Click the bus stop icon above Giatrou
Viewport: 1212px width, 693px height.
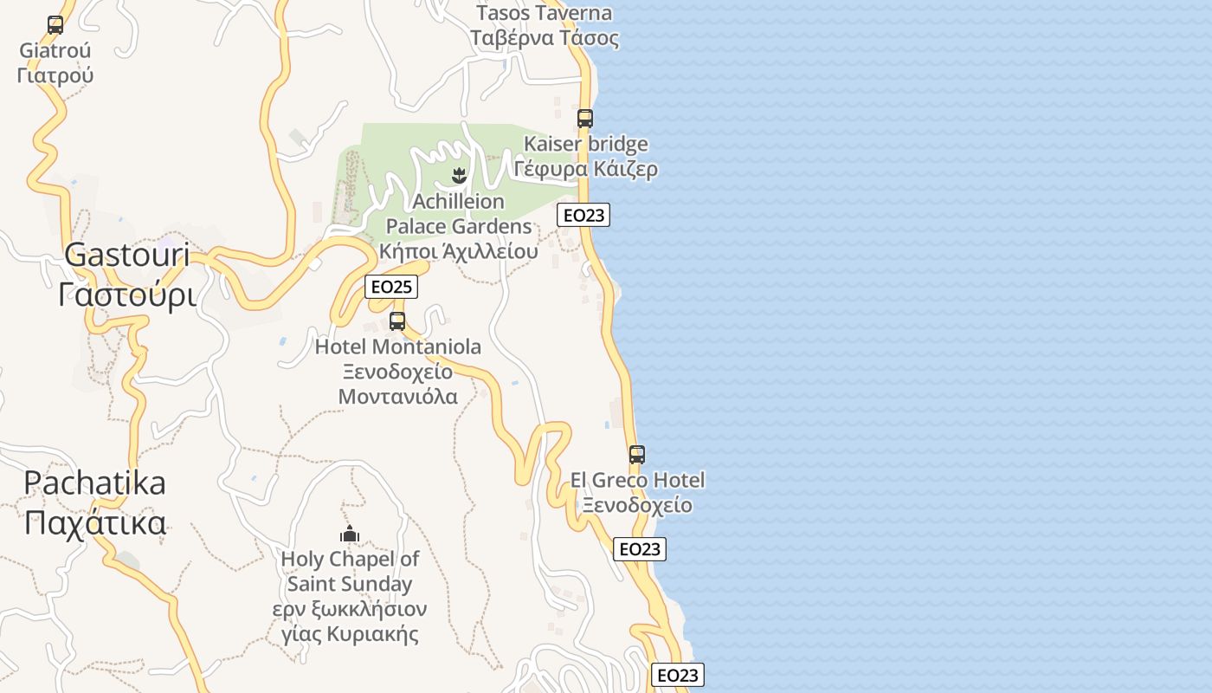pyautogui.click(x=55, y=25)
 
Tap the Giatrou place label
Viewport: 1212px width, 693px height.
pyautogui.click(x=55, y=50)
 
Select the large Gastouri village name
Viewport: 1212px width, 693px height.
pyautogui.click(x=126, y=255)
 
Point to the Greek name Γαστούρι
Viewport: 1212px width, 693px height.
pyautogui.click(x=126, y=295)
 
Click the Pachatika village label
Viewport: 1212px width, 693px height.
pyautogui.click(x=94, y=483)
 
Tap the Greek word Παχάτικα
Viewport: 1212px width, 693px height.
pyautogui.click(x=94, y=522)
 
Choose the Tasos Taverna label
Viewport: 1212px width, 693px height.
pyautogui.click(x=544, y=13)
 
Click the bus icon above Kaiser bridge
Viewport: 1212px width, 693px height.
pyautogui.click(x=585, y=118)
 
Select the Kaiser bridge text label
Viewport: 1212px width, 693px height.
pyautogui.click(x=585, y=144)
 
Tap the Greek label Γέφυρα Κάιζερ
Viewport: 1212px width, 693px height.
pyautogui.click(x=585, y=168)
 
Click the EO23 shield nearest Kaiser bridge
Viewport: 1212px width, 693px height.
pyautogui.click(x=583, y=215)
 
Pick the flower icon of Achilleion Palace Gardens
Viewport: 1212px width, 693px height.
pyautogui.click(x=459, y=177)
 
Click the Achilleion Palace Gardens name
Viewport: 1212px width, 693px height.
pyautogui.click(x=458, y=214)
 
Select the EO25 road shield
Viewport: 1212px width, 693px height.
pyautogui.click(x=391, y=287)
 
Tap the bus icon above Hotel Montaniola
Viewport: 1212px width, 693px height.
pyautogui.click(x=397, y=321)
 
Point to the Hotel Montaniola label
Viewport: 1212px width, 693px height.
pyautogui.click(x=398, y=347)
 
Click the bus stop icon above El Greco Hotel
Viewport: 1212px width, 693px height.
pyautogui.click(x=637, y=454)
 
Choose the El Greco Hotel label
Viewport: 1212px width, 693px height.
pyautogui.click(x=637, y=480)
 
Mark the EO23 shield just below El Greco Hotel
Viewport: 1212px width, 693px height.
pyautogui.click(x=640, y=549)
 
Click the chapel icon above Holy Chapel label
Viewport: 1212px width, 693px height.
pyautogui.click(x=350, y=534)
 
